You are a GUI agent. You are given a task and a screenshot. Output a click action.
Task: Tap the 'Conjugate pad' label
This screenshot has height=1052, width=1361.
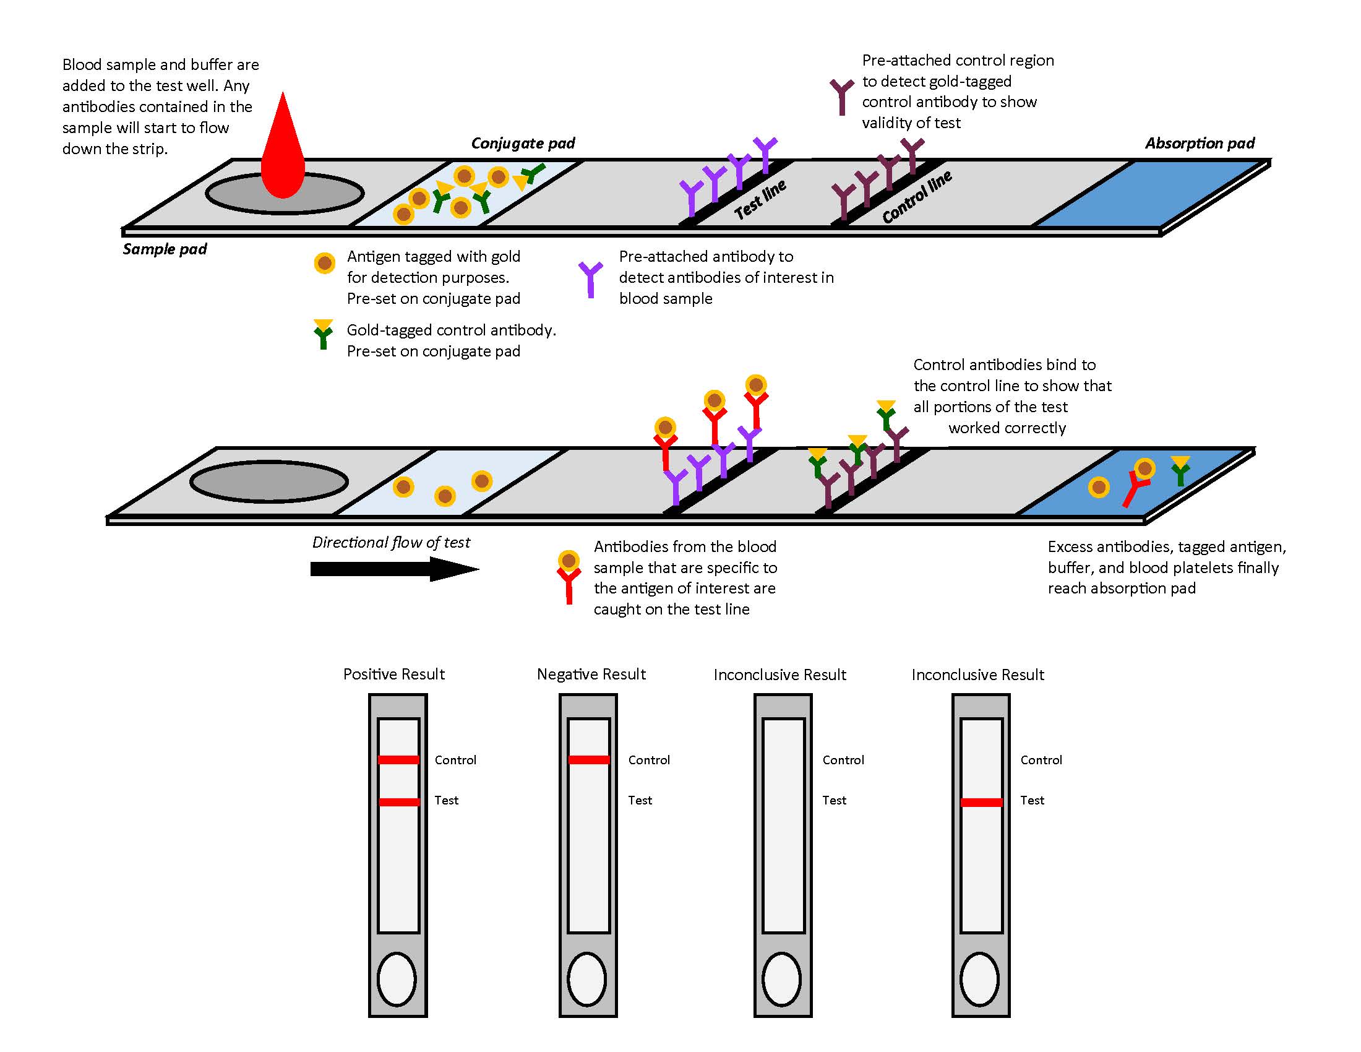523,144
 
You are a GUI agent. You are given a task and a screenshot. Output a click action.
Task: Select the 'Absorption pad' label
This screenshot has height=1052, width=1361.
1200,144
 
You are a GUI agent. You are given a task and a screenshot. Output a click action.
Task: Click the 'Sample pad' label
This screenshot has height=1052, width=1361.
165,249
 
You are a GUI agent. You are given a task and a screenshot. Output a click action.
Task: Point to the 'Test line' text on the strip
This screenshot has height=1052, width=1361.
760,199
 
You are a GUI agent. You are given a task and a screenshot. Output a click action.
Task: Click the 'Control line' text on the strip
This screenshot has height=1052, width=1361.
917,197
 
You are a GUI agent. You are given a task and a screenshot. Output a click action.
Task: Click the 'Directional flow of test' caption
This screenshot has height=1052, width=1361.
391,542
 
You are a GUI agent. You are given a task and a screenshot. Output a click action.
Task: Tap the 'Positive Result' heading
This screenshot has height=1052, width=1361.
394,675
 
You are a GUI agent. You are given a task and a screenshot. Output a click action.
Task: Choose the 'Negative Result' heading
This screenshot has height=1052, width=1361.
591,675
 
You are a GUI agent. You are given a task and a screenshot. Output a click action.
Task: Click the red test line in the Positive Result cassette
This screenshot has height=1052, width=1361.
399,802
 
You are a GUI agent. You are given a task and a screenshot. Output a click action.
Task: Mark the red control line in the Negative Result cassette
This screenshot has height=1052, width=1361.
589,760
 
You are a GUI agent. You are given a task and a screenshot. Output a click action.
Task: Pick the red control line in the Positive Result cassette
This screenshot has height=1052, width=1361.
399,760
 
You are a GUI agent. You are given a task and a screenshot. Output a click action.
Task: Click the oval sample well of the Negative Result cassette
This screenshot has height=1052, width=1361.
587,978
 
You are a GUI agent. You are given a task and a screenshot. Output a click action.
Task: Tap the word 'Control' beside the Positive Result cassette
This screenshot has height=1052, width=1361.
455,761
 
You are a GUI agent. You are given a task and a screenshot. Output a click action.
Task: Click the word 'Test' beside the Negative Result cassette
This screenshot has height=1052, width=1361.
640,800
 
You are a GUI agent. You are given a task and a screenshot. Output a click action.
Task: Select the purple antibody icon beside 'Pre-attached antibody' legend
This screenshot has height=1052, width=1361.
590,278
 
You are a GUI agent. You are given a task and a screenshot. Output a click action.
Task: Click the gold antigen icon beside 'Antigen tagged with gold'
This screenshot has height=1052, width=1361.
324,263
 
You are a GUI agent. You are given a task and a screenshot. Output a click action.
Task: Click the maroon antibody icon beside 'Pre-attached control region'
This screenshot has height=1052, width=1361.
841,97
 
